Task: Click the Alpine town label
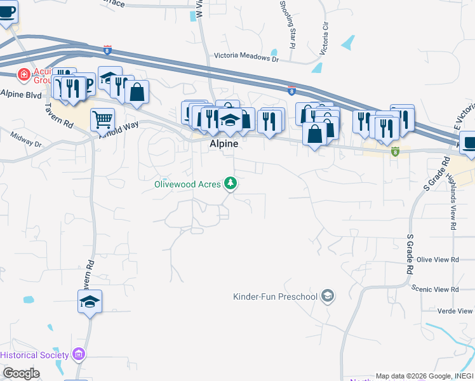[224, 144]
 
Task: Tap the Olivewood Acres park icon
[231, 184]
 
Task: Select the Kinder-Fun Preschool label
[276, 297]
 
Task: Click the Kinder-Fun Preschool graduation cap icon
[328, 296]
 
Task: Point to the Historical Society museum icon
[79, 354]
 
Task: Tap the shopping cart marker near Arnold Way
[102, 118]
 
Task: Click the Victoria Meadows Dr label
[246, 57]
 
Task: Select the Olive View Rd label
[438, 260]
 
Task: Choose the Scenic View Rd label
[435, 289]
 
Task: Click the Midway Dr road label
[27, 139]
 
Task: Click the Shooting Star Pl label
[286, 24]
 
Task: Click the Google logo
[20, 373]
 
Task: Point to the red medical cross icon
[24, 75]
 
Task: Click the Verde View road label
[455, 311]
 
